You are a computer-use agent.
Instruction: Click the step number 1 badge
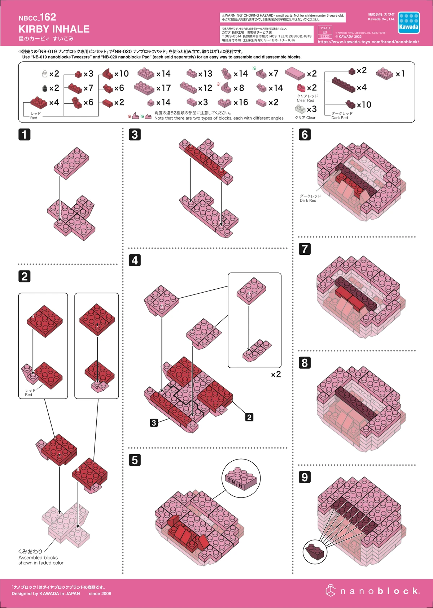[x=24, y=134]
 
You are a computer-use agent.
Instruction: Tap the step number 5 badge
[x=135, y=460]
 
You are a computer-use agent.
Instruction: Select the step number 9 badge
[x=305, y=477]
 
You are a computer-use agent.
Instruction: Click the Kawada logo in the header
[x=408, y=23]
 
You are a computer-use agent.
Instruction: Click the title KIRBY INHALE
[x=54, y=29]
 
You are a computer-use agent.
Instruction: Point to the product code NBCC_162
[x=38, y=17]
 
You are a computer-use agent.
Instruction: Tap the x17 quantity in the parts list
[x=163, y=88]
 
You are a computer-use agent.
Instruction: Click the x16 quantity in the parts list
[x=241, y=103]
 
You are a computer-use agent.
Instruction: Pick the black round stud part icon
[x=45, y=88]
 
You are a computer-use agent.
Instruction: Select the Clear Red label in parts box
[x=306, y=100]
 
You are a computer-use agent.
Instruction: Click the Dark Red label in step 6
[x=308, y=200]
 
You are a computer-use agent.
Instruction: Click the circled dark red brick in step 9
[x=315, y=552]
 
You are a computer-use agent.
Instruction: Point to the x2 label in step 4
[x=276, y=375]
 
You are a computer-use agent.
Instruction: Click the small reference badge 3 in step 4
[x=154, y=423]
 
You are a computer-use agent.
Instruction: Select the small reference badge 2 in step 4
[x=249, y=417]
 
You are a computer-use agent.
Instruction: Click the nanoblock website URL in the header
[x=368, y=42]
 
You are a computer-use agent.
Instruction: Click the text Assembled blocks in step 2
[x=38, y=557]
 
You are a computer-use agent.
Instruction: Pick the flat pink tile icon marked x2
[x=295, y=73]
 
